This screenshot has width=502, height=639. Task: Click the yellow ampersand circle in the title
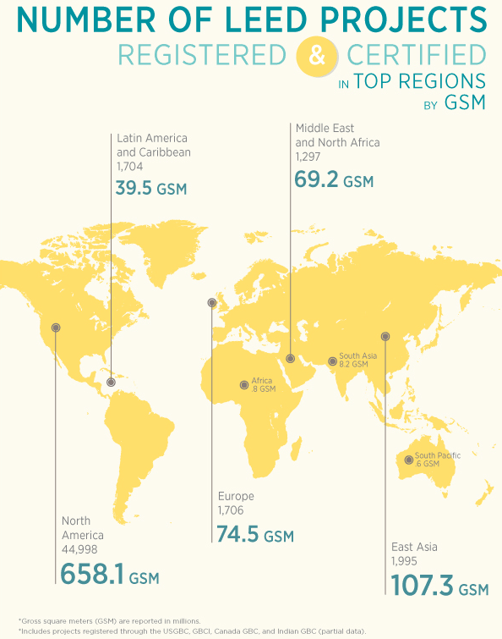[317, 57]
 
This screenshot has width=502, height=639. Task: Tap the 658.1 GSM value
[110, 575]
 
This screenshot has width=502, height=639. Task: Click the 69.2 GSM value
[333, 180]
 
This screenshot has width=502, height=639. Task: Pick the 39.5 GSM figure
[151, 187]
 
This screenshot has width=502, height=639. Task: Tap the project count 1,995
[405, 561]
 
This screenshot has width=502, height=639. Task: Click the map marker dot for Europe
[211, 302]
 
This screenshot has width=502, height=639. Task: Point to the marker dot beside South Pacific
[409, 460]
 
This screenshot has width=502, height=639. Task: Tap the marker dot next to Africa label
[245, 384]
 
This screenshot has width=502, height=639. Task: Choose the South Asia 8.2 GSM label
[353, 360]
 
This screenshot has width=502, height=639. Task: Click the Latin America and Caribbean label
[153, 145]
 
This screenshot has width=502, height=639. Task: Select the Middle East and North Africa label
[337, 135]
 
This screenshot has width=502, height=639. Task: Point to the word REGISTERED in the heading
[202, 56]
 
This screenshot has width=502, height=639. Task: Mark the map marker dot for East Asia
[385, 336]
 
